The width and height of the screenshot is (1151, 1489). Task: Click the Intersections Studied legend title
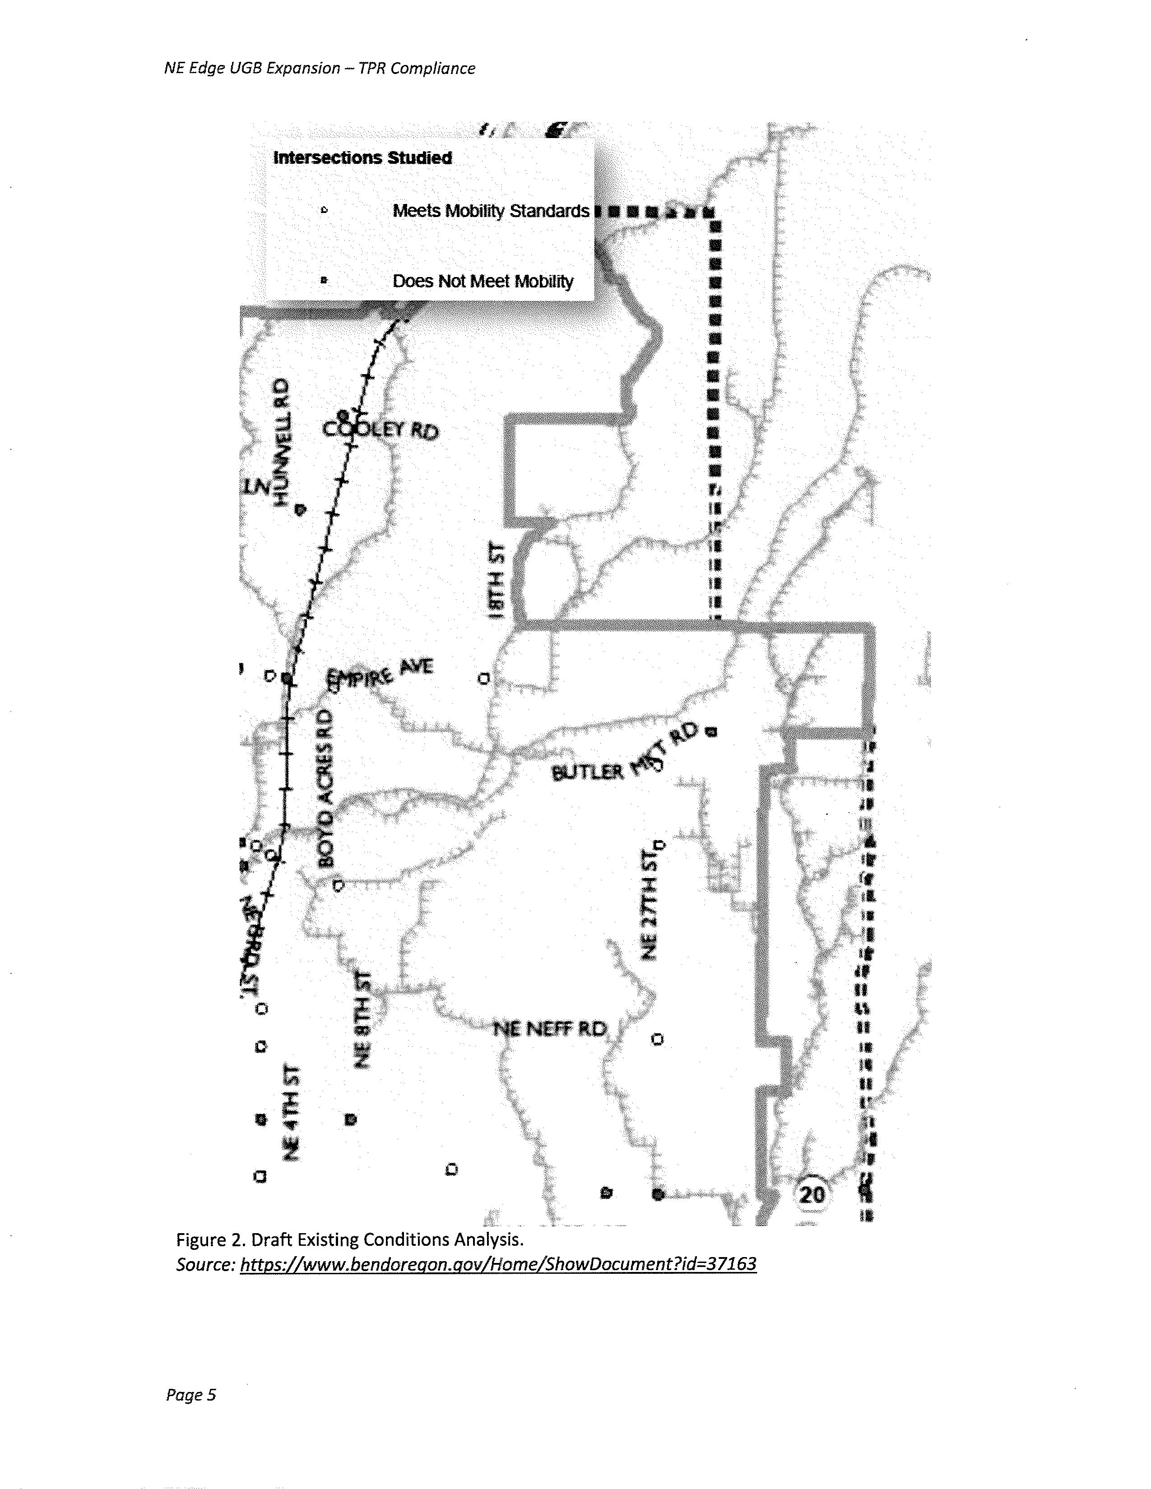362,158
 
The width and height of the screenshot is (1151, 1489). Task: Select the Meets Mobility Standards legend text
490,211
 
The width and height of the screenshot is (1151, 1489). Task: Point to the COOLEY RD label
381,430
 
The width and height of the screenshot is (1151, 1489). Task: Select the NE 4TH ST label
292,1111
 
